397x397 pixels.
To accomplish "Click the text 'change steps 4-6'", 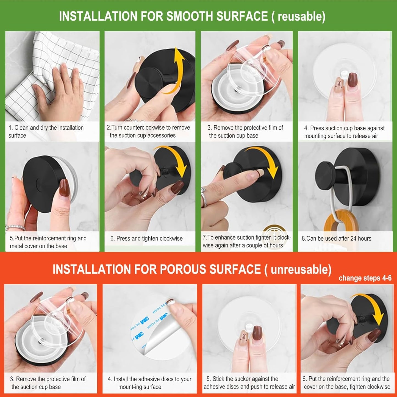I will point(365,278).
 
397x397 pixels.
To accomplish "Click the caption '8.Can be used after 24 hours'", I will point(336,238).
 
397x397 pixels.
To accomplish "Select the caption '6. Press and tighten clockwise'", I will point(146,238).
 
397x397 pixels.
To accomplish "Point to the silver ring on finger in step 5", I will point(15,227).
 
